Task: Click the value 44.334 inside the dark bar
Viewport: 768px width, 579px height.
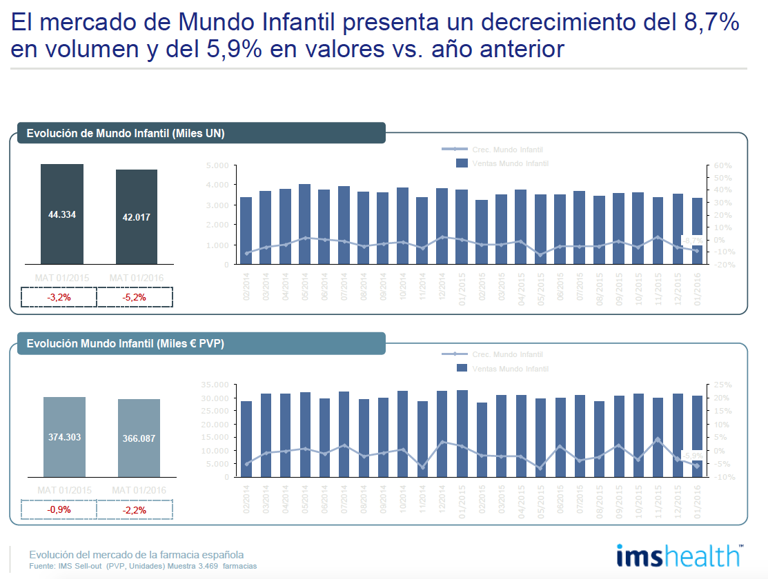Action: [x=62, y=214]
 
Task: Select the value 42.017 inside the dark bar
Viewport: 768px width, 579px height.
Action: [x=137, y=216]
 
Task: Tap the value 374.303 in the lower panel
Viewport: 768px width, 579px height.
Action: [x=64, y=436]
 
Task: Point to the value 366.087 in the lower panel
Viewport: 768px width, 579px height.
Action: [x=139, y=438]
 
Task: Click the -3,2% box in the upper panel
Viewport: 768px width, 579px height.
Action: [x=59, y=297]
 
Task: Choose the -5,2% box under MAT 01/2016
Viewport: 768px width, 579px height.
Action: [x=135, y=297]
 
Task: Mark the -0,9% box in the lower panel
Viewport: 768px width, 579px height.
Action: [x=59, y=509]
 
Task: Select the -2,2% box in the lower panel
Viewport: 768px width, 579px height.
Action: [x=135, y=509]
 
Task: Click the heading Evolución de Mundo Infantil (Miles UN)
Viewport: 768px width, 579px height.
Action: [x=126, y=133]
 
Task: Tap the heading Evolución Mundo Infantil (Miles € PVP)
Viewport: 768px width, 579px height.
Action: [x=125, y=343]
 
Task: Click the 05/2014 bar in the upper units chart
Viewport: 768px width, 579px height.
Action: [x=304, y=224]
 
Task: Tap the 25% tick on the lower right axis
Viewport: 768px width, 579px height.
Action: [x=720, y=385]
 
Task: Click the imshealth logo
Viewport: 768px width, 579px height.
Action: [x=679, y=556]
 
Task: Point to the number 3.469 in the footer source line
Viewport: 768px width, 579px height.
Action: [x=209, y=566]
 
